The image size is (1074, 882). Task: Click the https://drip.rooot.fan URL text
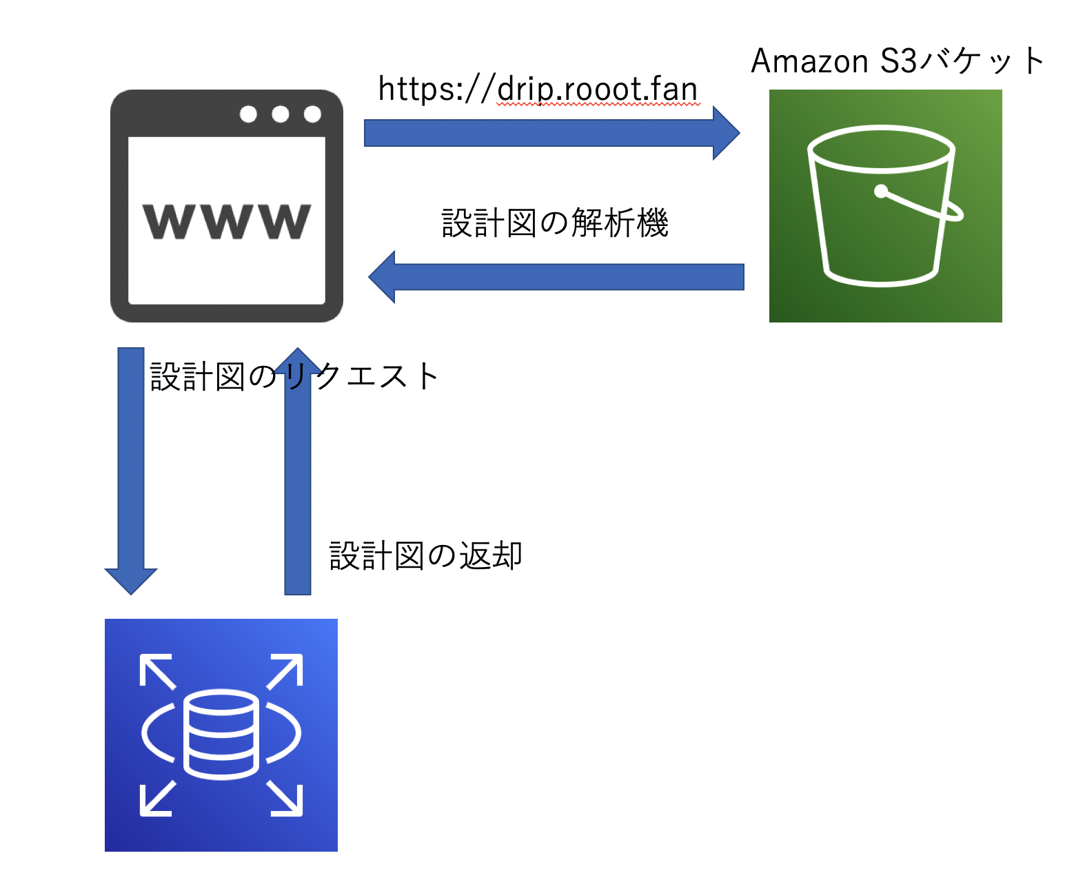(538, 89)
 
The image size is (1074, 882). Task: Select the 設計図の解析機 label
(555, 223)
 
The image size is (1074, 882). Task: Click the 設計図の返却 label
(425, 555)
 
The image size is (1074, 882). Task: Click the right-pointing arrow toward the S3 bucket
(551, 133)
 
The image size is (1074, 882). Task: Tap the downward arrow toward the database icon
(131, 469)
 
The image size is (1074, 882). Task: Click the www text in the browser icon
(227, 221)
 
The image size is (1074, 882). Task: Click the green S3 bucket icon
(885, 205)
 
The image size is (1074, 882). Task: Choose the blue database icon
(221, 735)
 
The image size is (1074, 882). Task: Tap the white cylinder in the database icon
(221, 735)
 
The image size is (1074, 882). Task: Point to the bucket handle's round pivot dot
(881, 191)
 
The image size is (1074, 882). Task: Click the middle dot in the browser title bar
(280, 114)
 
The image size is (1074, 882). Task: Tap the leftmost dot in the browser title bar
(248, 114)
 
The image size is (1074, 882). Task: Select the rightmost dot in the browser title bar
(312, 114)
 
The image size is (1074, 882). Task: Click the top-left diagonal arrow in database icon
(157, 671)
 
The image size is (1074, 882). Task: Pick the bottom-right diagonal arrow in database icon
(285, 798)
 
